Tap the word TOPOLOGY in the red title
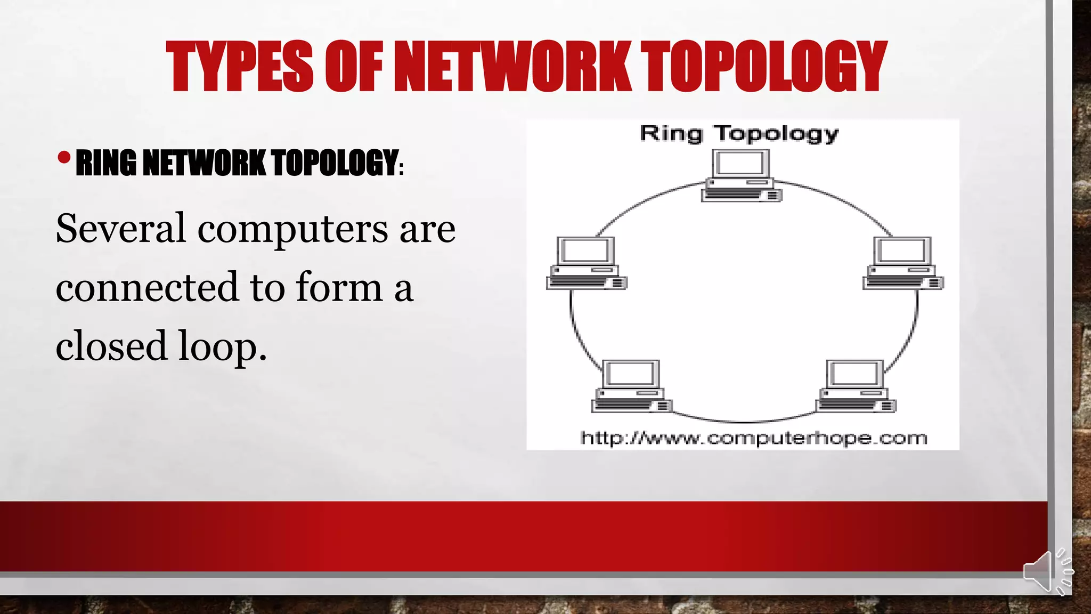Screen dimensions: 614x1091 point(763,67)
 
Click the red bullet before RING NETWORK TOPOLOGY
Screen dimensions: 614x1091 point(64,158)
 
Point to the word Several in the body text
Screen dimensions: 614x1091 point(121,229)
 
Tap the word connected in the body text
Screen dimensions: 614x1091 point(146,287)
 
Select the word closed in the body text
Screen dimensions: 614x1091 point(111,345)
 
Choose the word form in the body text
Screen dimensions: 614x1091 point(339,287)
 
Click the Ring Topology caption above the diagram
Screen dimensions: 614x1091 point(739,134)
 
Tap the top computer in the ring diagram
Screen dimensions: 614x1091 point(741,176)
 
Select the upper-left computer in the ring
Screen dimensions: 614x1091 point(586,263)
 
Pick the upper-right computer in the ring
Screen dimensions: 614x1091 point(903,263)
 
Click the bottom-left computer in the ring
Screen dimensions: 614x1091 point(631,386)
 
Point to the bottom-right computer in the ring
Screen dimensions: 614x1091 point(856,386)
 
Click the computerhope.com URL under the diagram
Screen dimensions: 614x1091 point(753,438)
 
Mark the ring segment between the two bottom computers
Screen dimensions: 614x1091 point(744,421)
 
